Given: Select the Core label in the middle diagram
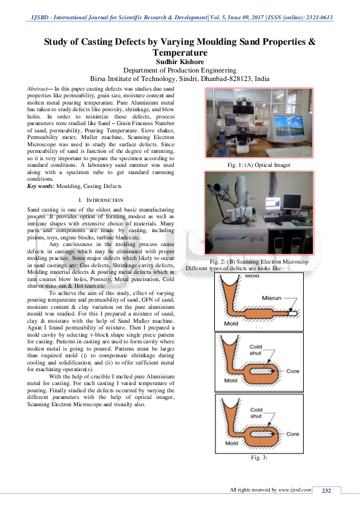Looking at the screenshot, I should tap(292, 371).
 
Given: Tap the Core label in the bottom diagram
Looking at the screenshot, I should tap(292, 434).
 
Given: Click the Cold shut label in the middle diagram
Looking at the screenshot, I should tap(256, 349).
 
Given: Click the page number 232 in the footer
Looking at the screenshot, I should tap(327, 490).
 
